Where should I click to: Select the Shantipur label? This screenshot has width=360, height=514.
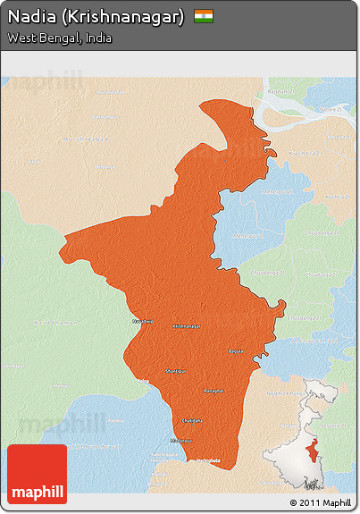click(x=176, y=369)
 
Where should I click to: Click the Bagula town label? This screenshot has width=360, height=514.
click(x=236, y=351)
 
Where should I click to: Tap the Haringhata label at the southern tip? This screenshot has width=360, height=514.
click(x=206, y=460)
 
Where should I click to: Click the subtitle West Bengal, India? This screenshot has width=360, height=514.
click(x=59, y=38)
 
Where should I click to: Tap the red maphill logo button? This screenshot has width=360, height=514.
click(x=37, y=474)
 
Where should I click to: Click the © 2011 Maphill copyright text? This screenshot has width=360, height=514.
click(x=320, y=503)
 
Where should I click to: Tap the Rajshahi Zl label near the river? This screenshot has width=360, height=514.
click(x=279, y=92)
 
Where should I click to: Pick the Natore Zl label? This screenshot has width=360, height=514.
click(x=331, y=109)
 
